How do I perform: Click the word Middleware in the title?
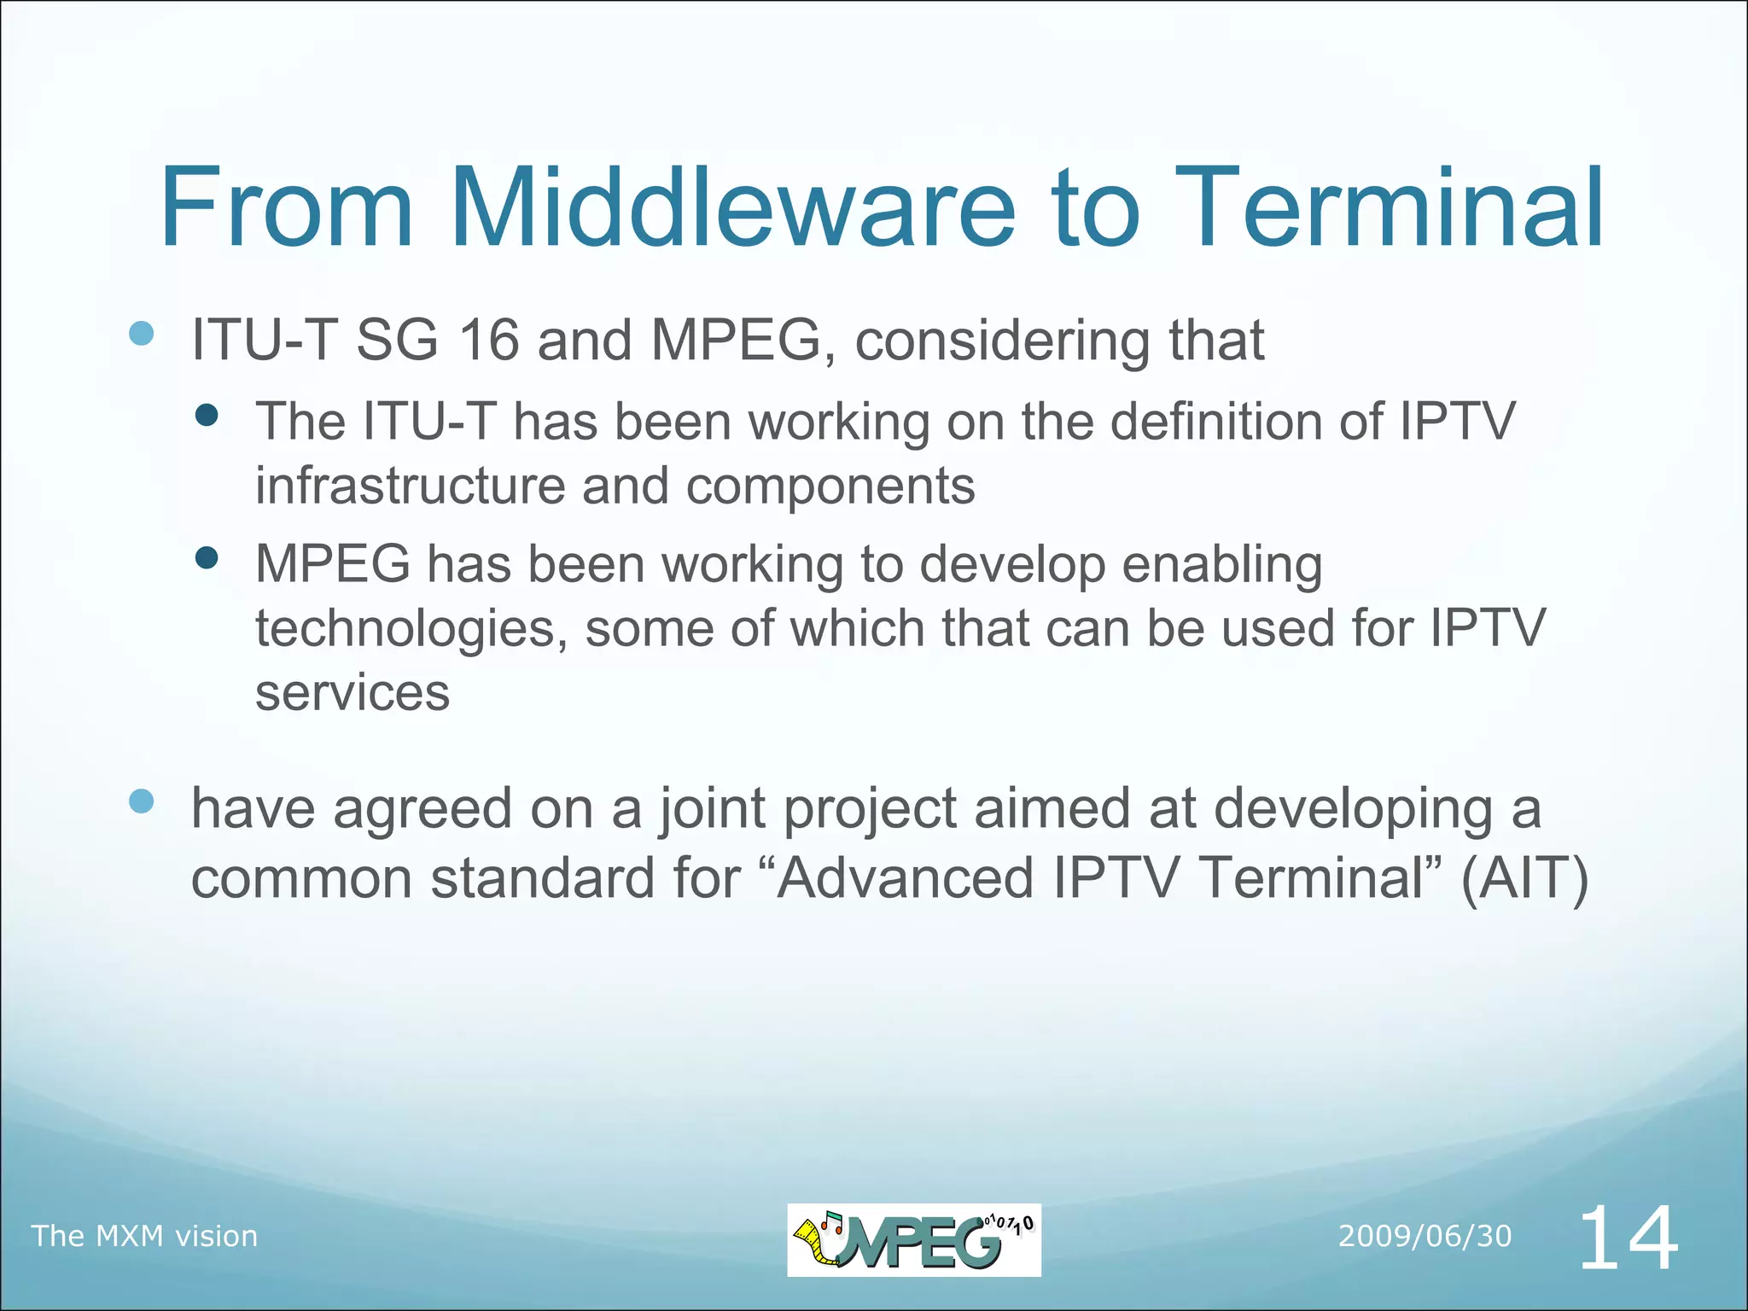click(734, 209)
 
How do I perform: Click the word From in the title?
click(286, 209)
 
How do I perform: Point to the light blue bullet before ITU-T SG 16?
click(142, 333)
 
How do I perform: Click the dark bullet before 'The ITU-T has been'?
click(207, 416)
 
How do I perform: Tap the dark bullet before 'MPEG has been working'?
click(207, 558)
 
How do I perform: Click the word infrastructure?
click(410, 487)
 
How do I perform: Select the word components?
click(830, 487)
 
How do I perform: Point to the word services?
click(352, 693)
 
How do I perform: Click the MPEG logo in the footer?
click(913, 1239)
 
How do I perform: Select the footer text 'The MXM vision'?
click(144, 1236)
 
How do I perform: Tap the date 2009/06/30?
click(1425, 1236)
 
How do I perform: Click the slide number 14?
click(1628, 1239)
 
